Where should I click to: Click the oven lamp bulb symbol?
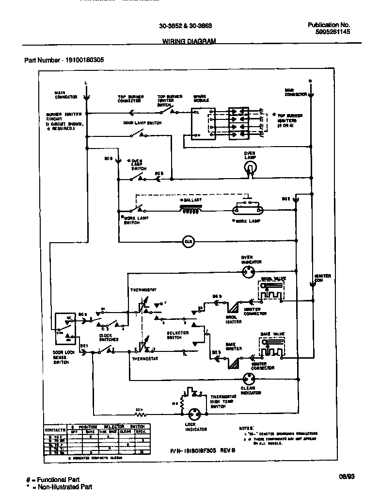click(250, 167)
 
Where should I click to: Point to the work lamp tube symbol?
click(248, 210)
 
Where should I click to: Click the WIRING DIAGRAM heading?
click(189, 42)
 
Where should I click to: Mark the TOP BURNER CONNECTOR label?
click(129, 99)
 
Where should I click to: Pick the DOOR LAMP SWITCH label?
click(142, 123)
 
